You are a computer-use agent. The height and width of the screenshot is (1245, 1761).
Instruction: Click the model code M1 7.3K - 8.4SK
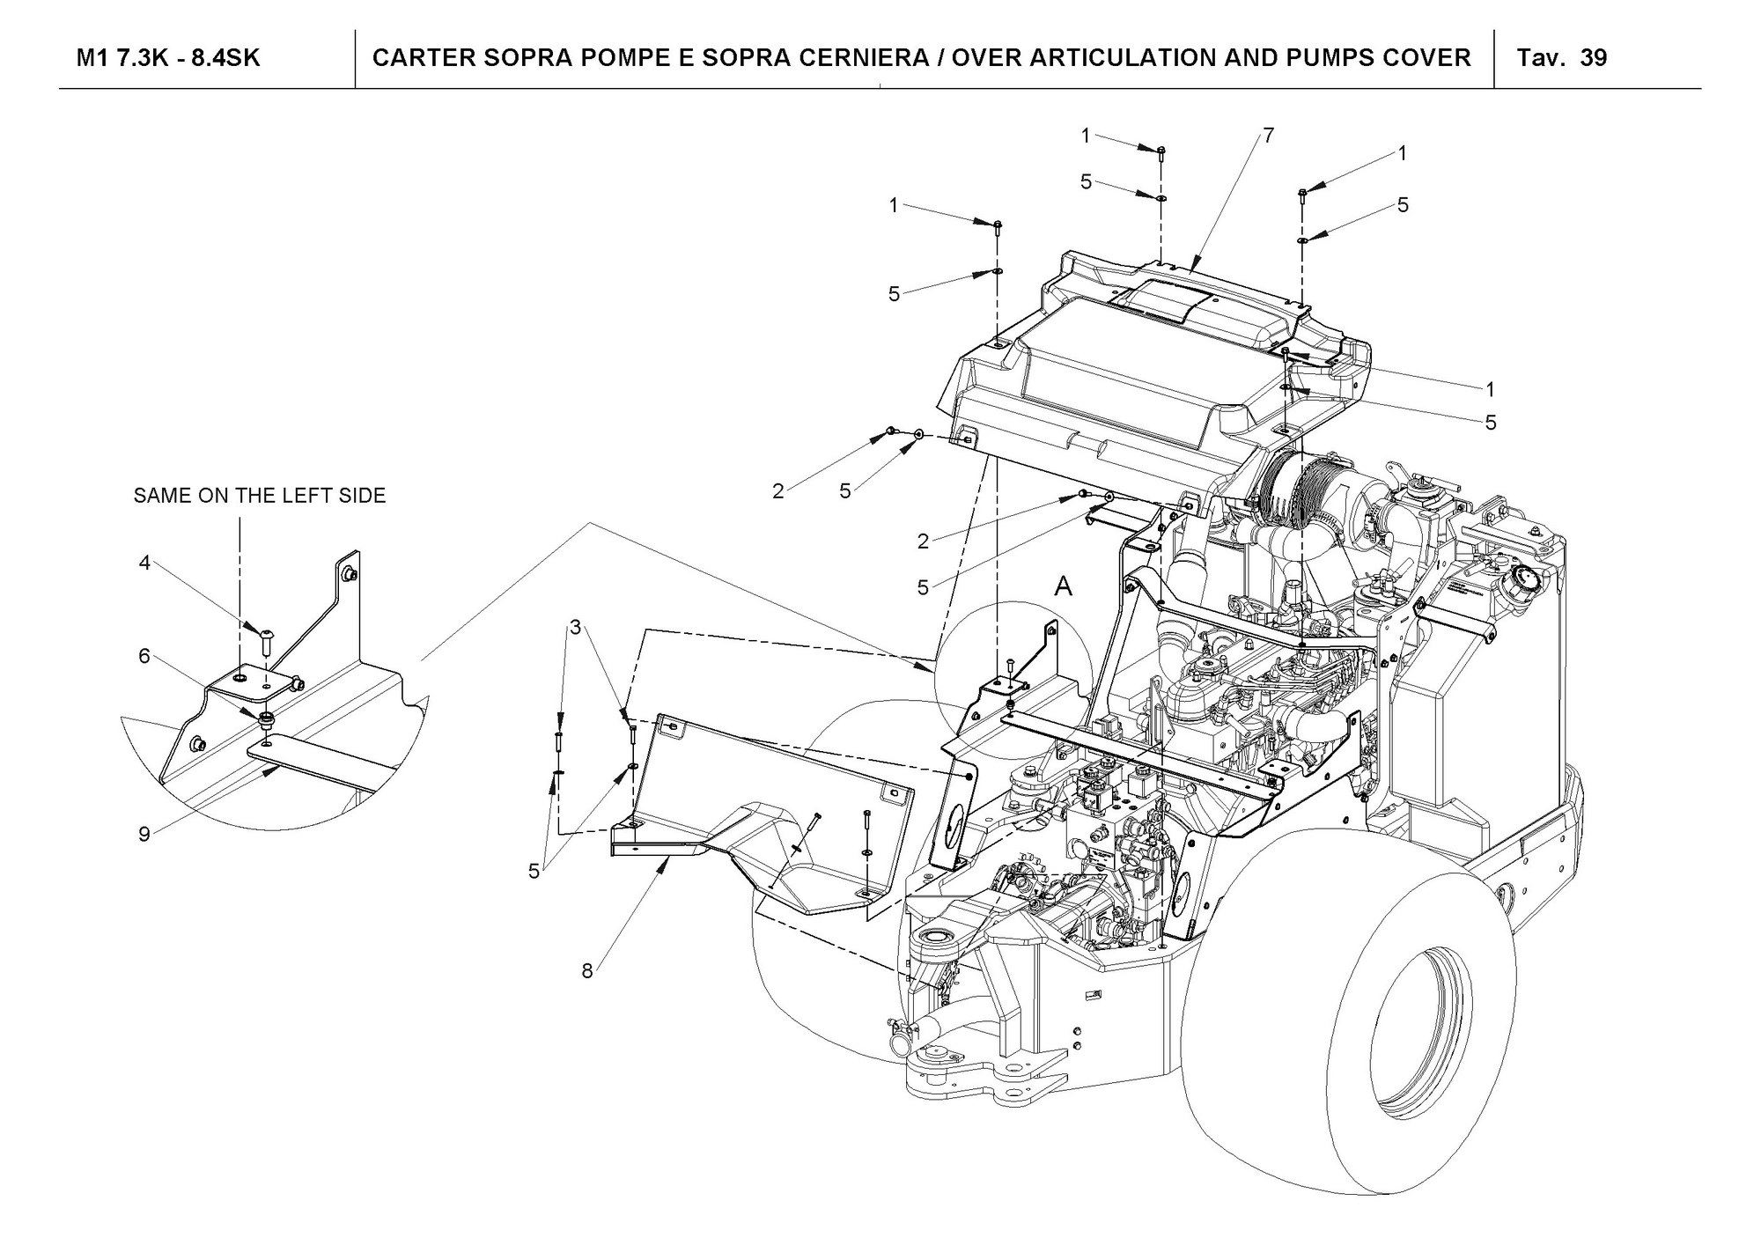point(168,58)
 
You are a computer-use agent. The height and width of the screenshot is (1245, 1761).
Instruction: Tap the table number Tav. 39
point(1562,58)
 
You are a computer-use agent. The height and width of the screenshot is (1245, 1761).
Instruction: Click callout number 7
point(1268,136)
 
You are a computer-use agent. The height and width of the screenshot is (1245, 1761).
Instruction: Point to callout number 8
point(587,971)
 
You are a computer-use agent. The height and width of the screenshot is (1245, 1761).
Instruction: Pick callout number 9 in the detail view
point(144,835)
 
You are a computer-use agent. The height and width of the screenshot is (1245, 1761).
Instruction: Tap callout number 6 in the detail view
point(144,656)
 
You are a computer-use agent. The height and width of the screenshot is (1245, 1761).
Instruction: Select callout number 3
point(575,628)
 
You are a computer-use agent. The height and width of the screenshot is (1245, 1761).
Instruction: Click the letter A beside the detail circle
point(1064,586)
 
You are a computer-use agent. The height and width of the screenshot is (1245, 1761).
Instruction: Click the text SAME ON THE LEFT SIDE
point(260,496)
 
